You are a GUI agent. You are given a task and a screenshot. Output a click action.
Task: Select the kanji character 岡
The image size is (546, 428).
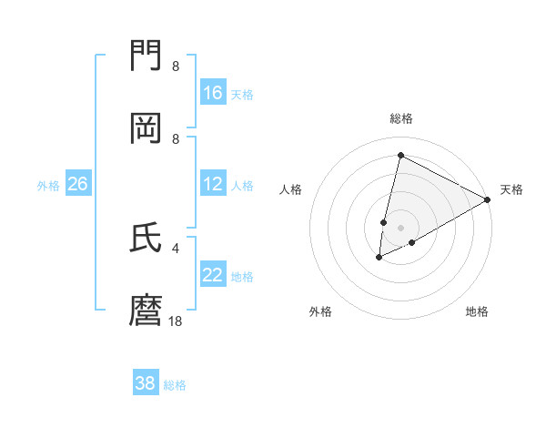coord(147,128)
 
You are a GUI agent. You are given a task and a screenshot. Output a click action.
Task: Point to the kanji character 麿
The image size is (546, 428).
coord(147,310)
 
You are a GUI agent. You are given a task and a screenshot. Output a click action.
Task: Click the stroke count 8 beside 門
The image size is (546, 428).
coord(176,66)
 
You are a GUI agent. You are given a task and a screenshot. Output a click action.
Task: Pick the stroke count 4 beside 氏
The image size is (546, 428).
coord(176,248)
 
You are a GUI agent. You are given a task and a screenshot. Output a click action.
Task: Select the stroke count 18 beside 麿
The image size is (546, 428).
coord(176,321)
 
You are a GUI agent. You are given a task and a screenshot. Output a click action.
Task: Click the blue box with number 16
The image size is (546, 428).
coord(213,93)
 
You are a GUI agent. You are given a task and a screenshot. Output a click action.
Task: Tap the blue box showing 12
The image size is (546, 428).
coord(213,184)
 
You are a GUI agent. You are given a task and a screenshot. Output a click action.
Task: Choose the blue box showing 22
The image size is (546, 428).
coord(213,275)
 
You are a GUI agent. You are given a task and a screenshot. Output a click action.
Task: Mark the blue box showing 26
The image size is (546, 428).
coord(77,184)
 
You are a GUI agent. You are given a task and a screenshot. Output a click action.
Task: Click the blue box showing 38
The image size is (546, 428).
coord(146,383)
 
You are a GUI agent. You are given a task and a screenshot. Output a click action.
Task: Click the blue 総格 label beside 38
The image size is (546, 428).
coord(175,385)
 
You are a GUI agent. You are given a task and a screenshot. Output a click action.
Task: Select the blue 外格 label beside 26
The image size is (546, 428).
coord(48,185)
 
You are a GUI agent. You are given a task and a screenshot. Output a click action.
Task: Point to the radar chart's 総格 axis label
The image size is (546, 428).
coord(401,118)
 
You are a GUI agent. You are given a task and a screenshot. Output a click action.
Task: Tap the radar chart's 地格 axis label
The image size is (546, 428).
coord(477,311)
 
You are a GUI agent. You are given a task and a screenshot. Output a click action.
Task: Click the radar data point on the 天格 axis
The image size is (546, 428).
coord(488,199)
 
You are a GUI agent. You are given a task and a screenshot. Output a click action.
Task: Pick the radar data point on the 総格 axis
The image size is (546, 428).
coord(400,155)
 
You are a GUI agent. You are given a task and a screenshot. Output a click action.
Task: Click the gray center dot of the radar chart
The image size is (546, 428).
coord(401,227)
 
